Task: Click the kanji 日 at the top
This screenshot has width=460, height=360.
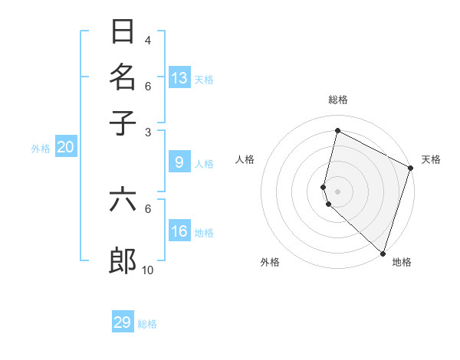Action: click(123, 32)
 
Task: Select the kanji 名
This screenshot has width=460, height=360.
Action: click(123, 77)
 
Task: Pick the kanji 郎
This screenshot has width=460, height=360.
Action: click(123, 261)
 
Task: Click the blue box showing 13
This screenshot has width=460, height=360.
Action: click(179, 77)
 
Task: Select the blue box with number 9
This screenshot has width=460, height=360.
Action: click(179, 162)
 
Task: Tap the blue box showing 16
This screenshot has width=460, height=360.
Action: click(179, 232)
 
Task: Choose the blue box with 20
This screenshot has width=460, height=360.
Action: click(65, 148)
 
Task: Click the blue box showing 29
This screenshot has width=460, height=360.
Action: click(123, 322)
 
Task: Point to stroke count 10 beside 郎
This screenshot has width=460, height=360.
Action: click(148, 270)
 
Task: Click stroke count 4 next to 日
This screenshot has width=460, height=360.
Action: click(148, 41)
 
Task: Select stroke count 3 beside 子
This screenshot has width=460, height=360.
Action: click(148, 132)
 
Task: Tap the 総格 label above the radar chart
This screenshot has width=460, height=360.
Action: click(338, 100)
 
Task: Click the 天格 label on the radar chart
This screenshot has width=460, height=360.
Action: click(431, 159)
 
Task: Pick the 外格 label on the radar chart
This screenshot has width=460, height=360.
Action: click(270, 262)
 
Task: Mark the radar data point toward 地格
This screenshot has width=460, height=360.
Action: click(383, 253)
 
